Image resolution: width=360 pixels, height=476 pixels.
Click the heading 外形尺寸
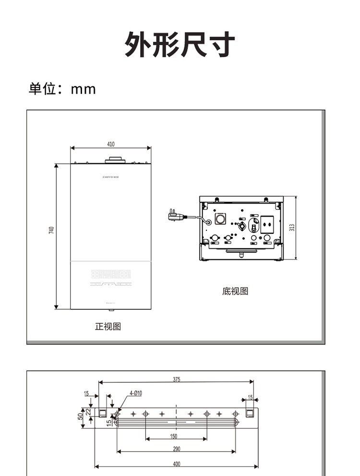click(180, 45)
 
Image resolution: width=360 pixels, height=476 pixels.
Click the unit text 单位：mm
click(62, 89)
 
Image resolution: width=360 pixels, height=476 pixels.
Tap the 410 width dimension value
click(111, 144)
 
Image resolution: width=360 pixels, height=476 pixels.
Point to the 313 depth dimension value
click(292, 227)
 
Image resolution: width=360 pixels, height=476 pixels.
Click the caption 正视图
click(108, 327)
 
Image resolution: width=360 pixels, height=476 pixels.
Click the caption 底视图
click(235, 291)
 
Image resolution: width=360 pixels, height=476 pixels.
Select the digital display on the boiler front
click(111, 275)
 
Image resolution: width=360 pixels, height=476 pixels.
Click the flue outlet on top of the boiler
click(115, 159)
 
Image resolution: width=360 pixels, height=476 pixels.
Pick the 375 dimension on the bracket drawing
click(176, 379)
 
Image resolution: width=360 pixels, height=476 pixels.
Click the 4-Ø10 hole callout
click(136, 393)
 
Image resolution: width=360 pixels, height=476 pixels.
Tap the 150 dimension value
click(174, 437)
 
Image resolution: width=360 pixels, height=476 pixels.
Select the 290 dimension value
click(177, 449)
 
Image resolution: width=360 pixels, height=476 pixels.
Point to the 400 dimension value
click(177, 464)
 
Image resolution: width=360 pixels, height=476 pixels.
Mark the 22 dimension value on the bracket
click(88, 412)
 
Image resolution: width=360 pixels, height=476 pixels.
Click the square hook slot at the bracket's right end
click(250, 413)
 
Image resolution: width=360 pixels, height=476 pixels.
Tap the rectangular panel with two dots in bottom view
click(268, 223)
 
